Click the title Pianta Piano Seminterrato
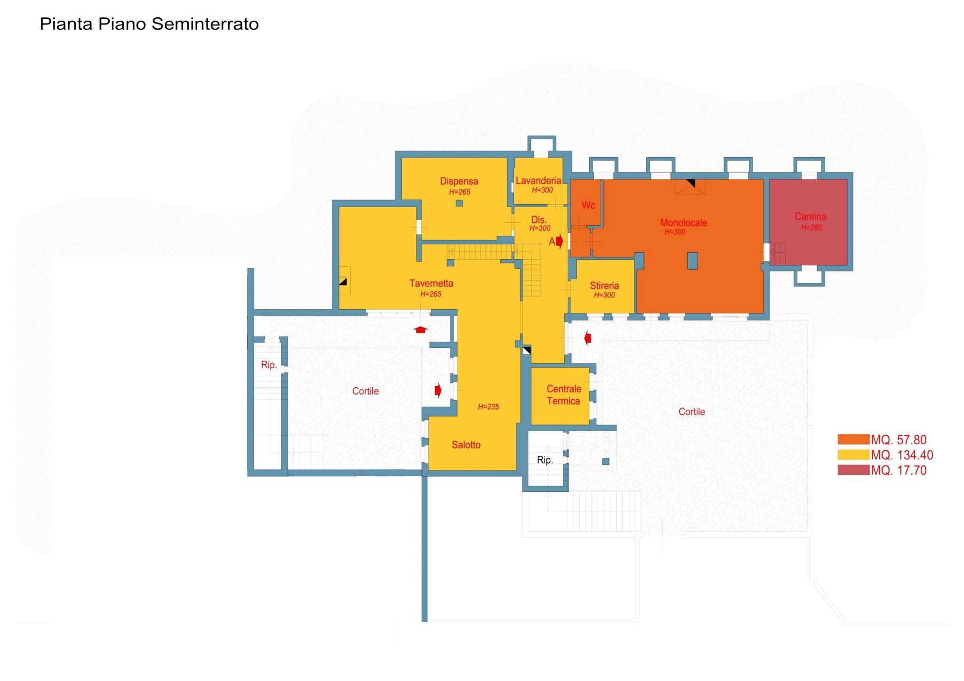click(149, 24)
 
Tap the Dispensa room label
click(459, 181)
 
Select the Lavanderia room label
click(538, 181)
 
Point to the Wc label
click(588, 205)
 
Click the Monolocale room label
click(683, 223)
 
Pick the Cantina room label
click(810, 216)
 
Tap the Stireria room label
click(604, 286)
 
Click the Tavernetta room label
click(431, 283)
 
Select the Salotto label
click(466, 445)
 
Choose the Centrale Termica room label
click(563, 395)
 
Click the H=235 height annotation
click(488, 407)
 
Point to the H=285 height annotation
click(811, 228)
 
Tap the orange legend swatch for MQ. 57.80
click(853, 440)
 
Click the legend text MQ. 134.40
click(902, 455)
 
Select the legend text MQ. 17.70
click(899, 470)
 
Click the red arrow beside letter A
click(559, 241)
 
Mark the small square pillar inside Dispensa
click(459, 203)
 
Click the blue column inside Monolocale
click(692, 261)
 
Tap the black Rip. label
click(545, 460)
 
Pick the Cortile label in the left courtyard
click(365, 391)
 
